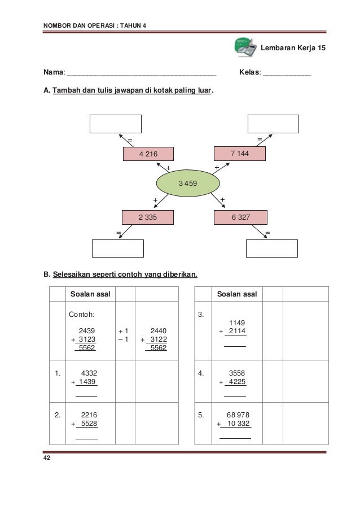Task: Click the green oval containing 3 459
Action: point(188,184)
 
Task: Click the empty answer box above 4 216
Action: point(116,124)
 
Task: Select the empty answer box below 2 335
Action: point(118,249)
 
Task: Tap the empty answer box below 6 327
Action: point(272,249)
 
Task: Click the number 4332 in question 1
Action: point(89,373)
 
